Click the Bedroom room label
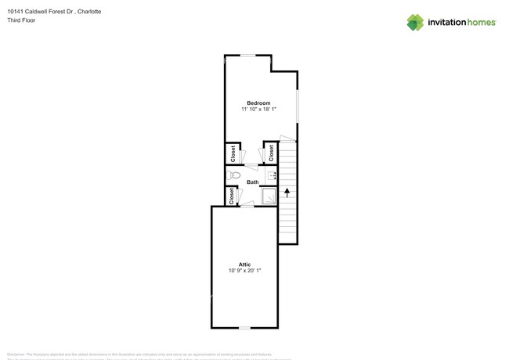point(258,103)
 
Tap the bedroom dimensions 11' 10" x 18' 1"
point(258,110)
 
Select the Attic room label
point(244,264)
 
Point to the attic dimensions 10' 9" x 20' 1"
point(244,270)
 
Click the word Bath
point(252,182)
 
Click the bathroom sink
point(272,176)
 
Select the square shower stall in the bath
point(269,196)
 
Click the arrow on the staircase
point(287,190)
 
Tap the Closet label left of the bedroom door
point(233,153)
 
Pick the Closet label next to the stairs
point(271,153)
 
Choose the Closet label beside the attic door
point(232,196)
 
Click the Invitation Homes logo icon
point(415,23)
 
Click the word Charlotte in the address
point(88,12)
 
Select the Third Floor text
point(20,20)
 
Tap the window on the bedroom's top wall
point(247,55)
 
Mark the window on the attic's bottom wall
point(244,327)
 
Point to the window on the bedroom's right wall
point(298,106)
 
